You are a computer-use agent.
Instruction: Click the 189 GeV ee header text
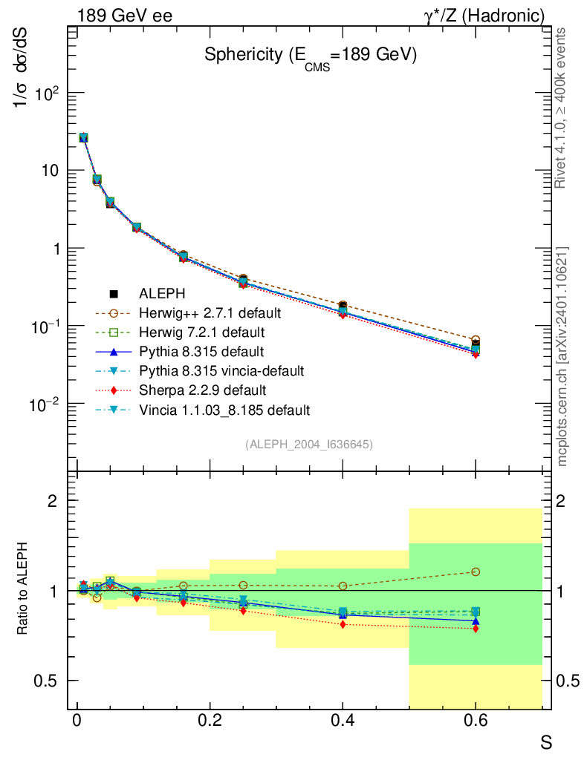[124, 16]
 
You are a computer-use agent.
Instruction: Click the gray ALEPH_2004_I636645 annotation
[308, 445]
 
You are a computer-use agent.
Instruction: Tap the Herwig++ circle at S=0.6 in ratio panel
[476, 571]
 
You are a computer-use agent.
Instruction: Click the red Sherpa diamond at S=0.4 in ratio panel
[343, 624]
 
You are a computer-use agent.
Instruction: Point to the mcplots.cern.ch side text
[562, 356]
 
